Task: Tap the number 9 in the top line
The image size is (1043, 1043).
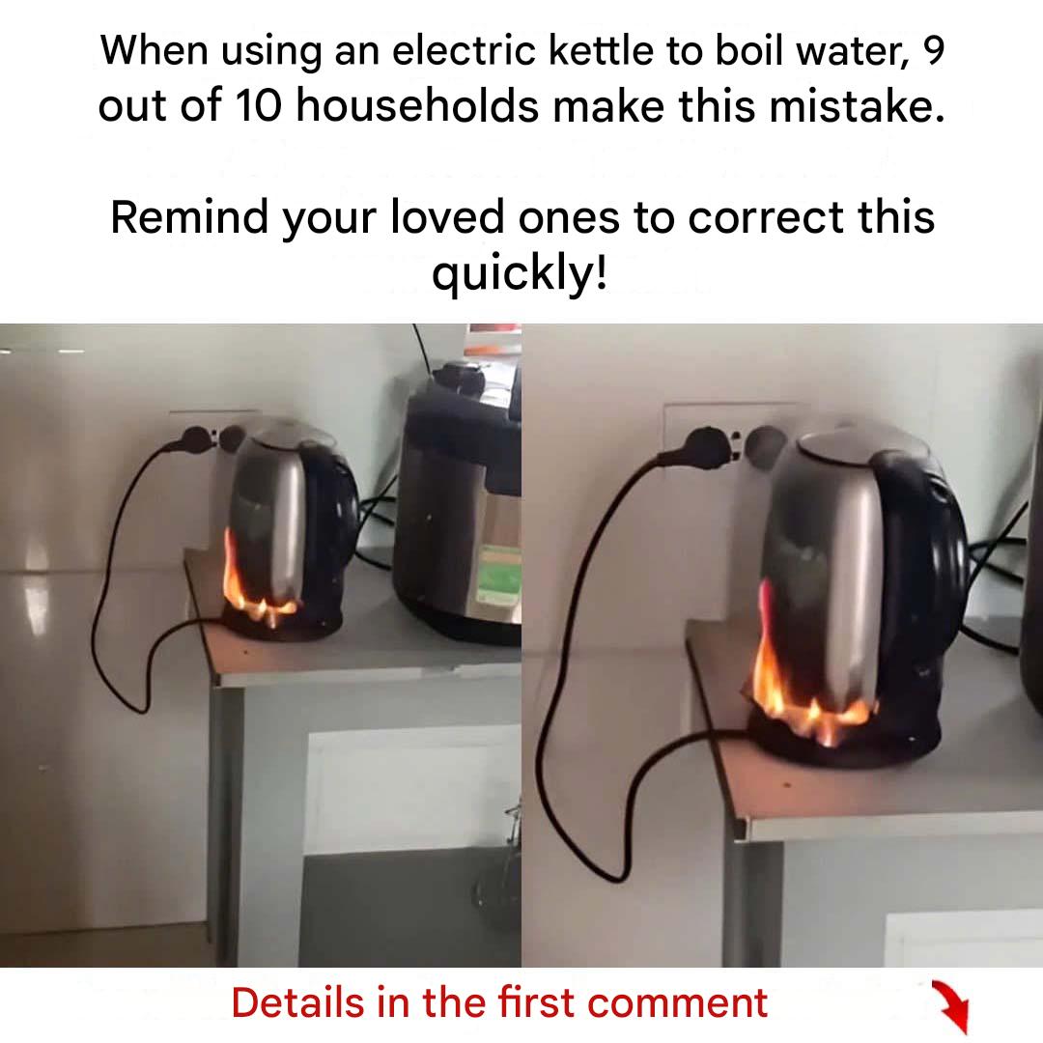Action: pyautogui.click(x=934, y=50)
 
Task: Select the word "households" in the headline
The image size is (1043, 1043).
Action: pyautogui.click(x=417, y=106)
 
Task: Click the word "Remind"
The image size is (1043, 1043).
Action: pyautogui.click(x=189, y=217)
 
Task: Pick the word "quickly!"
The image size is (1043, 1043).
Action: pyautogui.click(x=520, y=272)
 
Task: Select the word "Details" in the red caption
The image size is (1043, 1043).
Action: pyautogui.click(x=298, y=1003)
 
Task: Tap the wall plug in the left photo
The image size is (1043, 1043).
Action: pyautogui.click(x=195, y=440)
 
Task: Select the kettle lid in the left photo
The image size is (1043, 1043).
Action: pyautogui.click(x=286, y=433)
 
